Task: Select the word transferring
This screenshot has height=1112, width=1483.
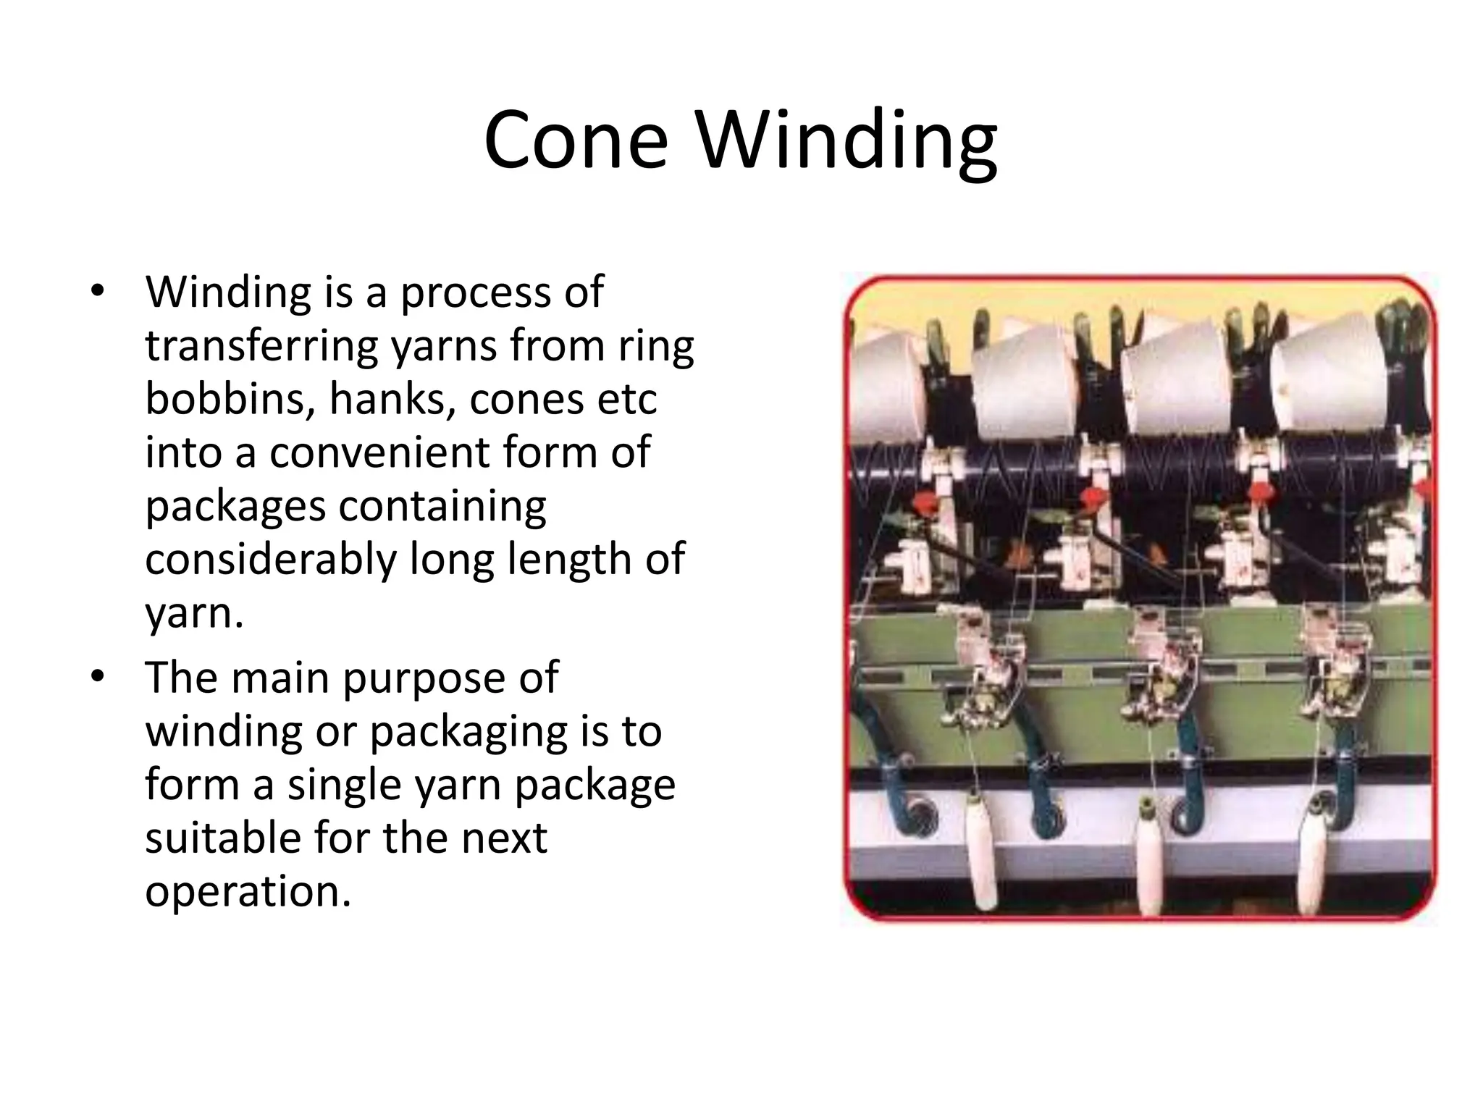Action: pos(262,346)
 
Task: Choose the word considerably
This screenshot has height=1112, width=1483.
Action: pos(271,559)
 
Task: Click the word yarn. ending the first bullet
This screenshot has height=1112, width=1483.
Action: pos(194,614)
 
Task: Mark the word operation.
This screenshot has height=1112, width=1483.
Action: pos(248,891)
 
